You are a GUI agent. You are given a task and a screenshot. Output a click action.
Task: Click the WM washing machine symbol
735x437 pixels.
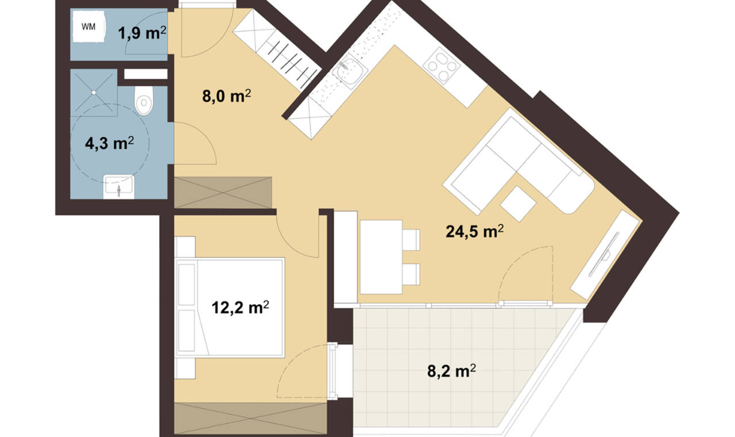click(x=89, y=26)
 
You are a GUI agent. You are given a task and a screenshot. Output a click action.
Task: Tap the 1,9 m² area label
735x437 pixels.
click(x=142, y=33)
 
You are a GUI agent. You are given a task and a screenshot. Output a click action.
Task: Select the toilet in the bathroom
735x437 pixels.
click(x=144, y=100)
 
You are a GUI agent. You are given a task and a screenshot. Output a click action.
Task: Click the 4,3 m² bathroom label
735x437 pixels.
click(x=109, y=143)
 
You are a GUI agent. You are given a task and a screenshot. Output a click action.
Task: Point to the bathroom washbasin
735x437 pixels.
click(x=118, y=187)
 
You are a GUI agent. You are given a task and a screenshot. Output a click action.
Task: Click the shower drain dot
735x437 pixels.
click(x=94, y=93)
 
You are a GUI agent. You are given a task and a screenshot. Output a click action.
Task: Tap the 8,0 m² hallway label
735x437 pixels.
click(x=226, y=96)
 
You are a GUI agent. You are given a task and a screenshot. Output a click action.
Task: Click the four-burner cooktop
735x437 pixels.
click(x=442, y=66)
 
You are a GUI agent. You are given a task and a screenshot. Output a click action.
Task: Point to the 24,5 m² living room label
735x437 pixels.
click(x=474, y=232)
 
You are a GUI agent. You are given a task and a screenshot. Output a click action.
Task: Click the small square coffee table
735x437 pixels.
click(x=518, y=204)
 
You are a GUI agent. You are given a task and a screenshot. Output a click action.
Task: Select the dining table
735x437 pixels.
click(x=381, y=257)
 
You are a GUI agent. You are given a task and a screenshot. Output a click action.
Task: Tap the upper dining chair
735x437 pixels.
click(x=411, y=240)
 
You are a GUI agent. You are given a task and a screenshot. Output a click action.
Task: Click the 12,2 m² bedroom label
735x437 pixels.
click(x=240, y=308)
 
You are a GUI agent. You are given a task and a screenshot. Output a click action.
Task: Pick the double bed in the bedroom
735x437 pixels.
click(x=230, y=308)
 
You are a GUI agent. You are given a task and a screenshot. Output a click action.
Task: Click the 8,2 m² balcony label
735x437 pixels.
click(x=451, y=371)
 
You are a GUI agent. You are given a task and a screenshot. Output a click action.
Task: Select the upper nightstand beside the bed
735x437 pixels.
click(x=185, y=247)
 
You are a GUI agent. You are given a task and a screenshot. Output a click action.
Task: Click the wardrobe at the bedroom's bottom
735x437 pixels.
click(x=250, y=418)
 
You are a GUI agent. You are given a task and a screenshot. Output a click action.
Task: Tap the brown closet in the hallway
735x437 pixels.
click(x=223, y=193)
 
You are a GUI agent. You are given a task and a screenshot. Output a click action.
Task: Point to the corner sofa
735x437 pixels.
click(x=519, y=161)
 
